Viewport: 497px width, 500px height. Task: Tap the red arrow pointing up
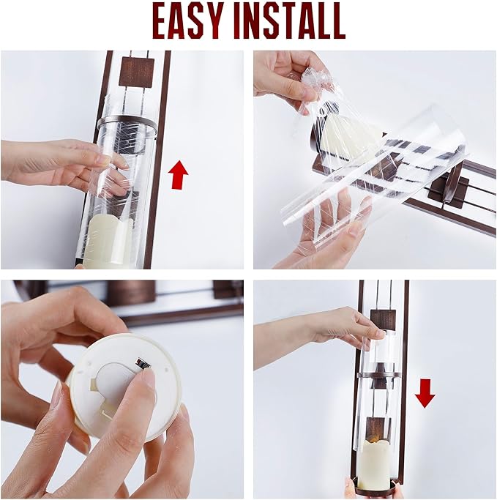point(178,174)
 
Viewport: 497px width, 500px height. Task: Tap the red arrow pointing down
point(425,393)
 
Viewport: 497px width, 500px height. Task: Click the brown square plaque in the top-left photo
point(136,72)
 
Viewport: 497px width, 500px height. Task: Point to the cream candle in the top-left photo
point(108,242)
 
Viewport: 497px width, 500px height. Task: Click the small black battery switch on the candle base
point(142,363)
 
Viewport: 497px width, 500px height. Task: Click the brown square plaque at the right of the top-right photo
point(449,190)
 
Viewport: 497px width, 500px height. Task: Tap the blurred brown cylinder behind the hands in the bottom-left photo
point(131,291)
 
